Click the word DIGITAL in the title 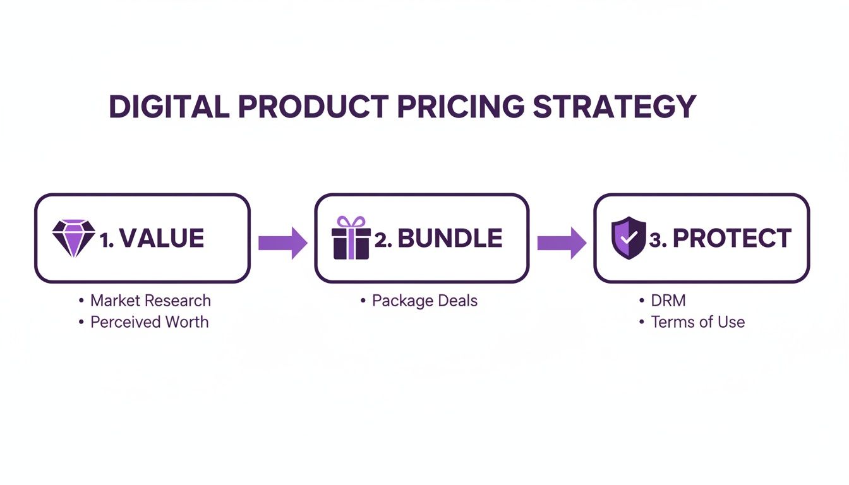tap(169, 107)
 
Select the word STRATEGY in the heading tap(614, 107)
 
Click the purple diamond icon tap(73, 238)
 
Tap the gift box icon tap(351, 239)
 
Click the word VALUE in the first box tap(161, 239)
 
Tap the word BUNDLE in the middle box tap(450, 239)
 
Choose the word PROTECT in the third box tap(732, 239)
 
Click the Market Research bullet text tap(150, 301)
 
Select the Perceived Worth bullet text tap(149, 322)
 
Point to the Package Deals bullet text tap(424, 301)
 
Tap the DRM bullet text tap(668, 301)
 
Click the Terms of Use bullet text tap(698, 322)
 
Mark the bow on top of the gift tap(351, 222)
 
